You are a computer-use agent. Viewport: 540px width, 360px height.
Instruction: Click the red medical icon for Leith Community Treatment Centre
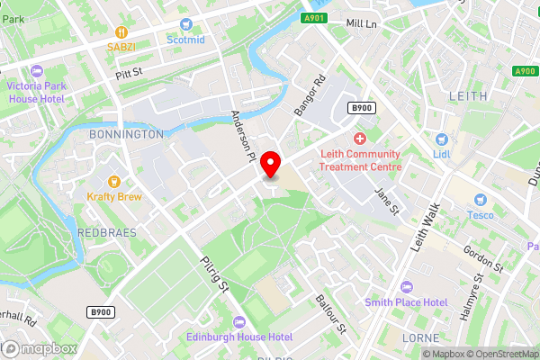click(360, 139)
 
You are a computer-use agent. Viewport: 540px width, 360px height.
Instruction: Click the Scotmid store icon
click(186, 24)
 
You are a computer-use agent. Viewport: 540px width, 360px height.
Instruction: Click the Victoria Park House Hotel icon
click(36, 71)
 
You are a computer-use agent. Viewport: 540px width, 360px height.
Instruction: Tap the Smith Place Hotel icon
click(405, 286)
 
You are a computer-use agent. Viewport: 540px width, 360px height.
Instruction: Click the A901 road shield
click(313, 18)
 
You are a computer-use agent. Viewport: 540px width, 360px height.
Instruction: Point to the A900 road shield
click(526, 71)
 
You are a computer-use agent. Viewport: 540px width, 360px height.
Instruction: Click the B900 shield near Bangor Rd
click(361, 108)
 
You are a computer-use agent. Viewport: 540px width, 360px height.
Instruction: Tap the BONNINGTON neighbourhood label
click(127, 134)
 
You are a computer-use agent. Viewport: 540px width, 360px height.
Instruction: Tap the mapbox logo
click(36, 348)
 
